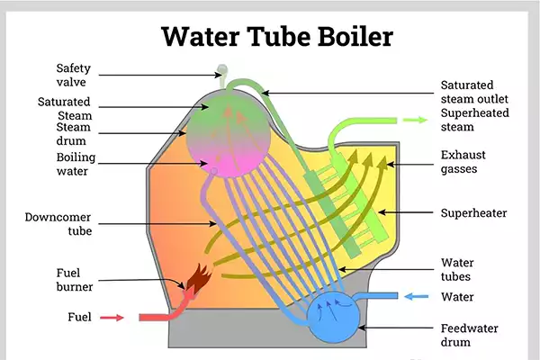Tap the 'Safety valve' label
(x=72, y=75)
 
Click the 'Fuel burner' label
(x=71, y=279)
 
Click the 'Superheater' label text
(x=474, y=213)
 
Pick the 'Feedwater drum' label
(x=469, y=335)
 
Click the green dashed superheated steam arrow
(x=414, y=119)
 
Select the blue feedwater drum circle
(x=337, y=317)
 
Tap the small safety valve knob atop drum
(x=222, y=70)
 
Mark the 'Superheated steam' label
(x=473, y=119)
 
